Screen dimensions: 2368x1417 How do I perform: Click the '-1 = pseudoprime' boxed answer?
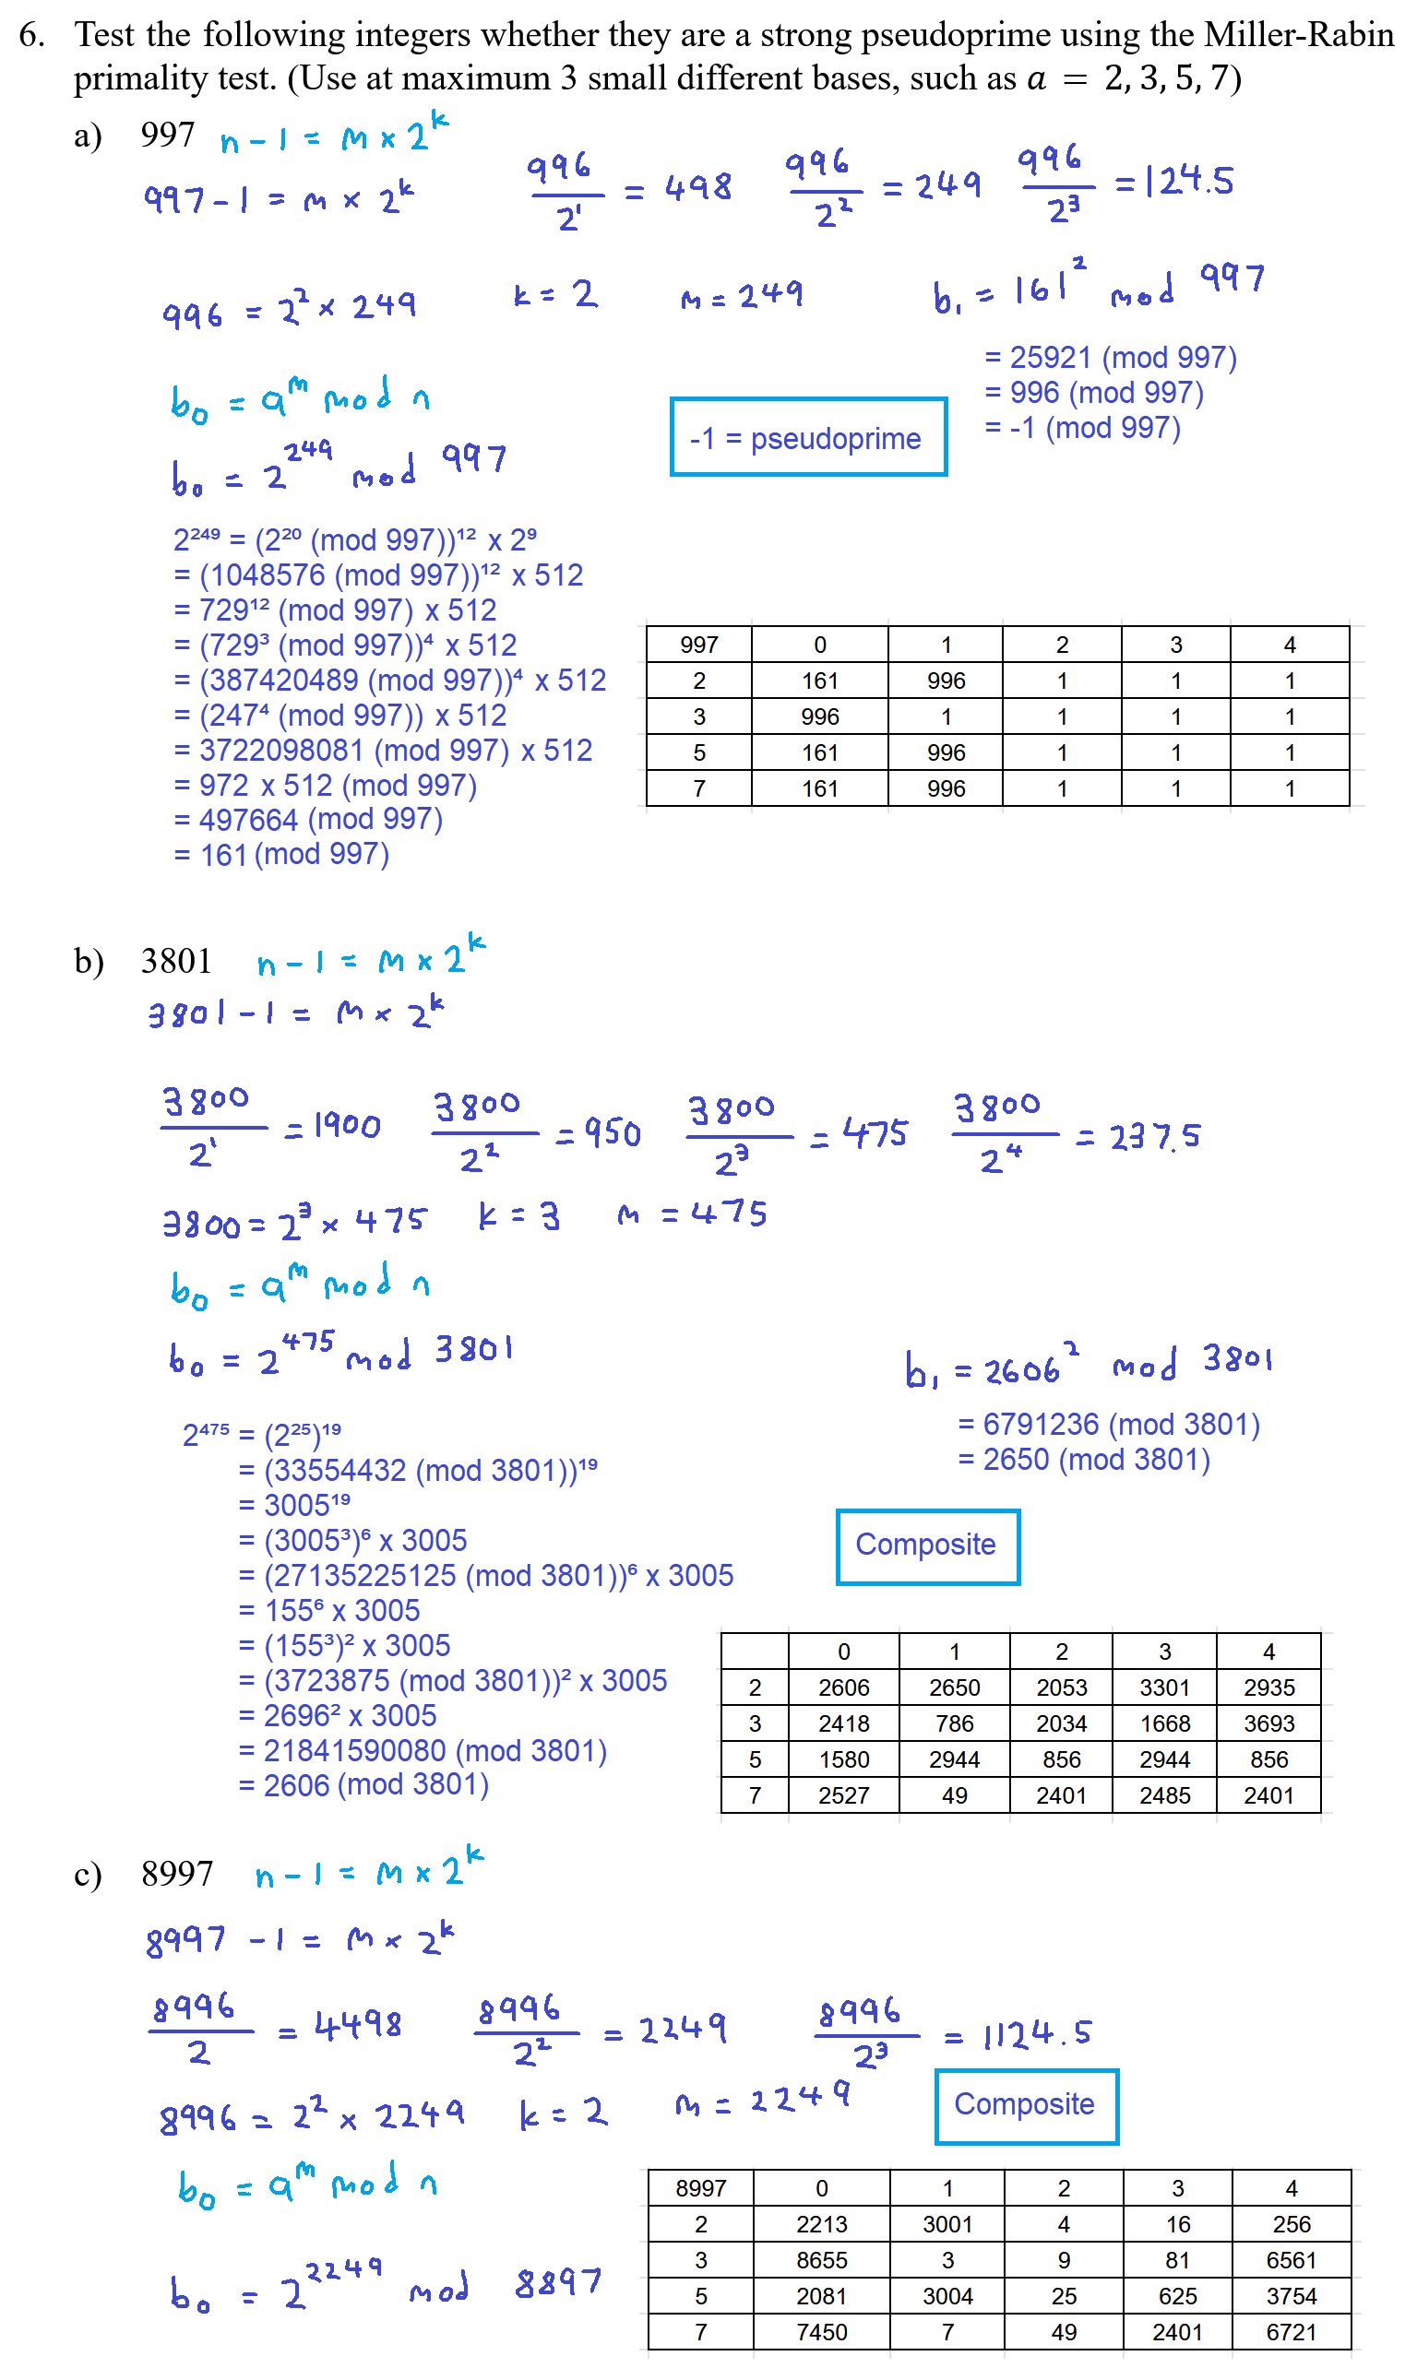807,437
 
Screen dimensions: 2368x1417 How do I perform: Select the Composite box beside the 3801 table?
926,1545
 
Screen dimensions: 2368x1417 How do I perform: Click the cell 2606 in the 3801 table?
843,1687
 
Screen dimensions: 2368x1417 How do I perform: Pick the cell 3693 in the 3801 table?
1268,1723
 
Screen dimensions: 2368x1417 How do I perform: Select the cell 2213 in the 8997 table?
821,2224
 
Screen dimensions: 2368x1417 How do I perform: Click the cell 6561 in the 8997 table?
1291,2260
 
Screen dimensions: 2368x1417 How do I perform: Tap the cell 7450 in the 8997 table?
821,2332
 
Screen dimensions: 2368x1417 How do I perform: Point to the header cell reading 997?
699,645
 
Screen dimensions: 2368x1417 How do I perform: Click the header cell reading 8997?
701,2187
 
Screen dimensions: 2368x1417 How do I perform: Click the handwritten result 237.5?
1153,1136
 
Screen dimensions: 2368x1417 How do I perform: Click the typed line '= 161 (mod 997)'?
280,854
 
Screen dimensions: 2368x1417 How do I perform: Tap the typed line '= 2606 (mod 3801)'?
363,1785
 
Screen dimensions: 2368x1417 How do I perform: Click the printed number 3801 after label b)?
175,960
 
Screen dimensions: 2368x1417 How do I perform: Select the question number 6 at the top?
31,34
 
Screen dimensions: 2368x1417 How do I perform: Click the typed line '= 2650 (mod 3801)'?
1084,1460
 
